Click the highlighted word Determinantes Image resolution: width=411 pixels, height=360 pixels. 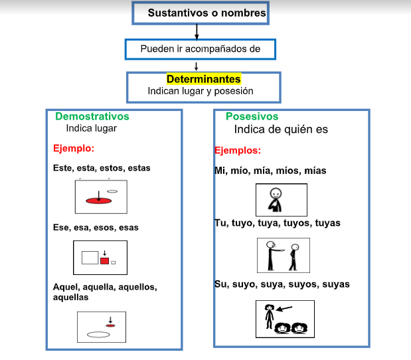click(203, 79)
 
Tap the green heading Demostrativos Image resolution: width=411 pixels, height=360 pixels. click(92, 116)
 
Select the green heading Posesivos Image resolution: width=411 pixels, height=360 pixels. click(252, 116)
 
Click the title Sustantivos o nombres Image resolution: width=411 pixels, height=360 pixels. click(206, 13)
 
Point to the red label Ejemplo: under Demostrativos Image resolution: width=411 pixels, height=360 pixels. click(74, 148)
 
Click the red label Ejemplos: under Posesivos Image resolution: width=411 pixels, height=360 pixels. click(238, 151)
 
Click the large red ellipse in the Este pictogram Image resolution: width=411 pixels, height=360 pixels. click(98, 201)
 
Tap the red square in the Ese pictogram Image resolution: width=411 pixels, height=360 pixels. click(105, 261)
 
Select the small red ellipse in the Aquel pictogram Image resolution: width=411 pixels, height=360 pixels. click(110, 325)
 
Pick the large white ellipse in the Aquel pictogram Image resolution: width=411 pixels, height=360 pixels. click(98, 335)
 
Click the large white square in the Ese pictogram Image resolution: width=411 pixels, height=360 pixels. click(90, 258)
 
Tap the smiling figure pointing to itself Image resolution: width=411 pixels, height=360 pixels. click(275, 200)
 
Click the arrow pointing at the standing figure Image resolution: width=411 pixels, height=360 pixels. click(284, 309)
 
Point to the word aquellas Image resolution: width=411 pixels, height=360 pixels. click(71, 298)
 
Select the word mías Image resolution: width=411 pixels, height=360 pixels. click(315, 171)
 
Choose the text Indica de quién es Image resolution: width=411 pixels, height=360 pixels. click(281, 130)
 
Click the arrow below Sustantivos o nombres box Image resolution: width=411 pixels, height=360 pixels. click(197, 32)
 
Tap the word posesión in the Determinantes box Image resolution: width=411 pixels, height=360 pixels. click(234, 91)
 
